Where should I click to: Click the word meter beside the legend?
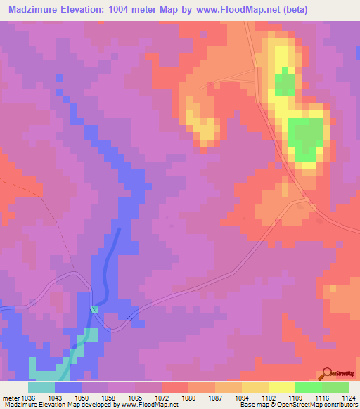10,398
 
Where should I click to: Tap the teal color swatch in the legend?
41,387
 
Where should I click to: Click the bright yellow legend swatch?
282,387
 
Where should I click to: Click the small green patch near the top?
284,84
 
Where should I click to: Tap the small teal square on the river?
94,309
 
